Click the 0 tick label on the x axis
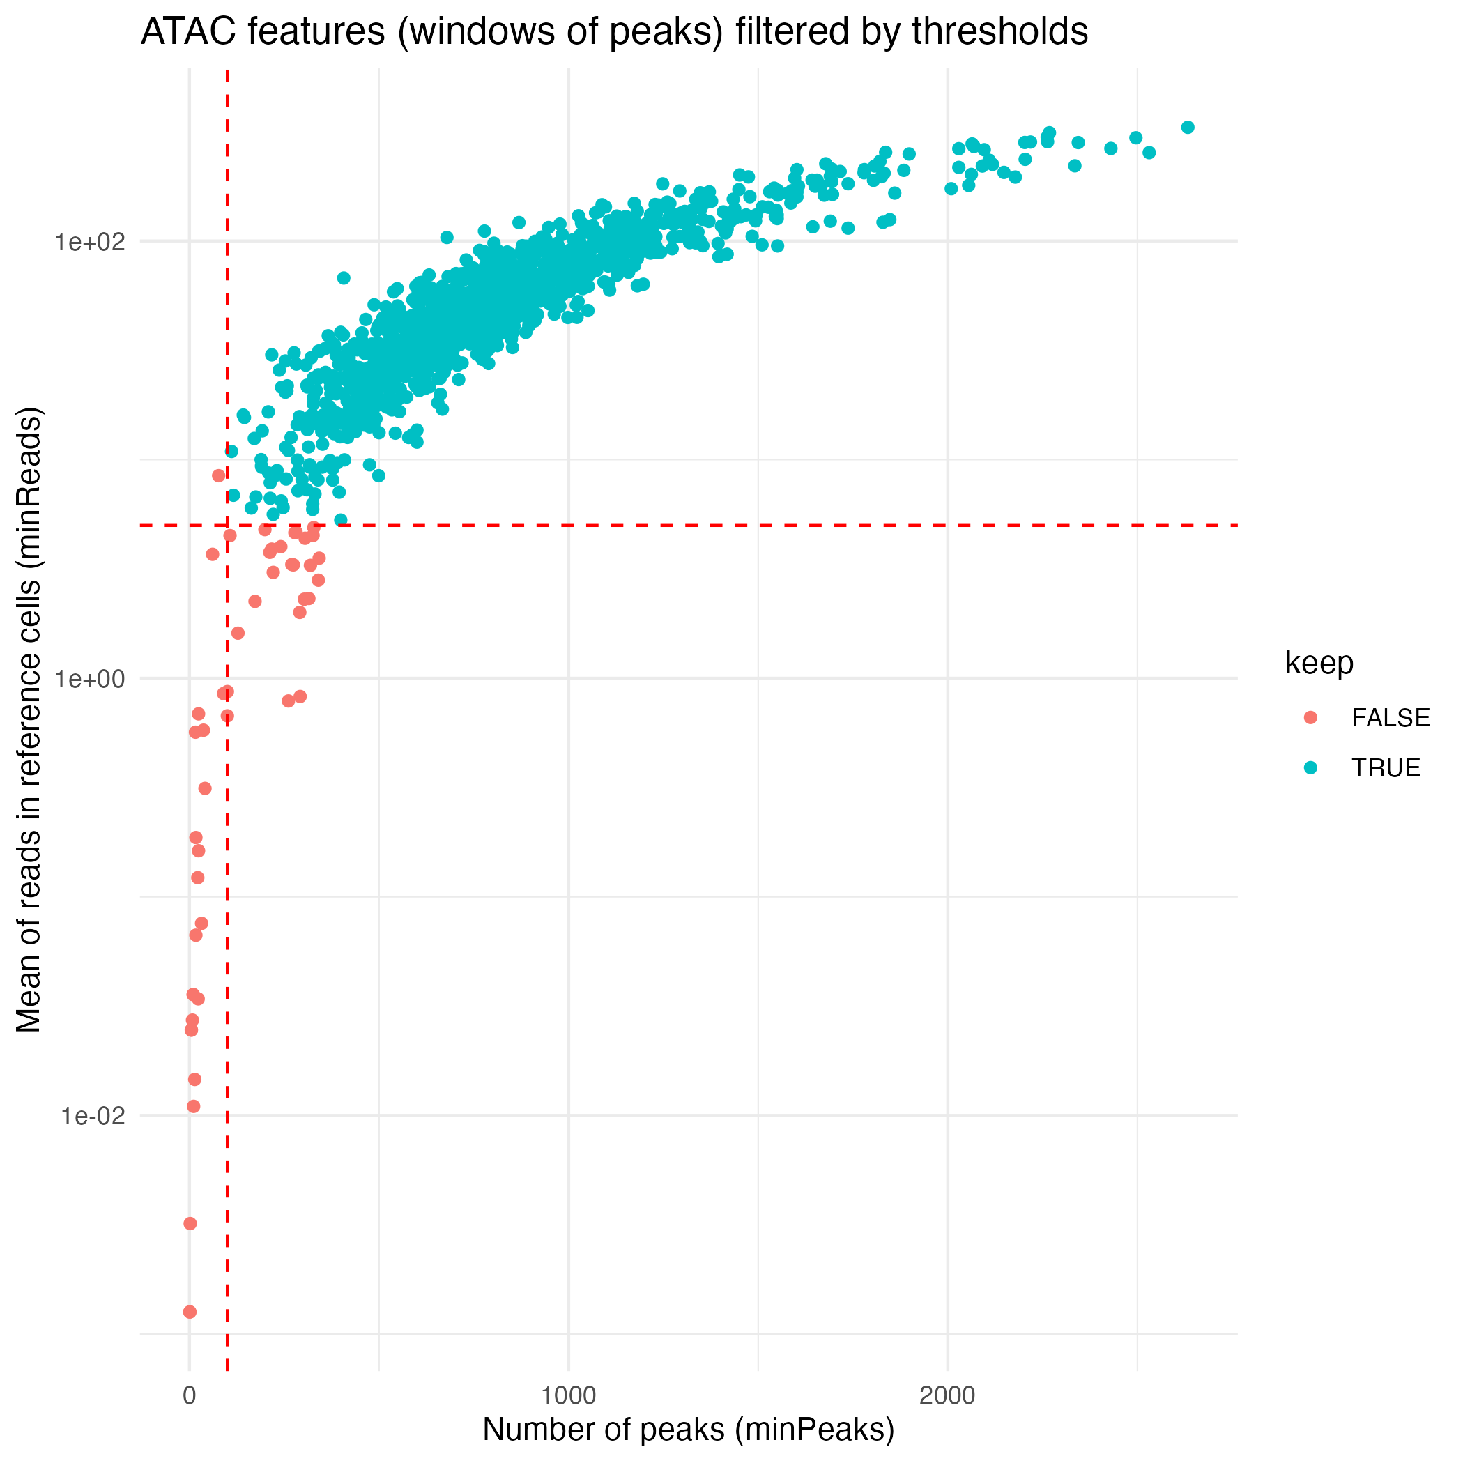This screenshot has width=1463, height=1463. pyautogui.click(x=190, y=1395)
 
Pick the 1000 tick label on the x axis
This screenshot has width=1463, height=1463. pyautogui.click(x=569, y=1395)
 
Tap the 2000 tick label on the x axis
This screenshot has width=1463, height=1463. pyautogui.click(x=947, y=1395)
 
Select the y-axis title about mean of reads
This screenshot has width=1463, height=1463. pyautogui.click(x=30, y=719)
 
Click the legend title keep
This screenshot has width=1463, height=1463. pyautogui.click(x=1319, y=664)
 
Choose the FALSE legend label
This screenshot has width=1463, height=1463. pyautogui.click(x=1391, y=718)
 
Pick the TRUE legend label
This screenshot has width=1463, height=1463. pyautogui.click(x=1386, y=768)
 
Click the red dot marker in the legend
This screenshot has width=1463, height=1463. pyautogui.click(x=1311, y=718)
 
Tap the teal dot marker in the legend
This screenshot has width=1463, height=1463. pyautogui.click(x=1311, y=768)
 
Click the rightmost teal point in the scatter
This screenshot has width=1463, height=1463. pyautogui.click(x=1188, y=128)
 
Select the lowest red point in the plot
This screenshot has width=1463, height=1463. pyautogui.click(x=190, y=1312)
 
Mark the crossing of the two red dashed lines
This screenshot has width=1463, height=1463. pyautogui.click(x=227, y=525)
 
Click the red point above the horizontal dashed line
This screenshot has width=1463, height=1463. pyautogui.click(x=219, y=475)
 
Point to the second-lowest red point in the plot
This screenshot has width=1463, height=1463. pyautogui.click(x=190, y=1224)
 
